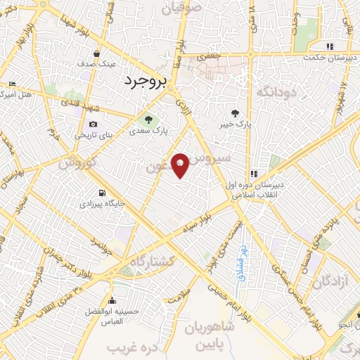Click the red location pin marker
181,165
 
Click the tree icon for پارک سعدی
147,117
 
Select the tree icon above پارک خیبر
235,112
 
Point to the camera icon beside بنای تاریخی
93,124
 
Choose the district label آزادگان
327,282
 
